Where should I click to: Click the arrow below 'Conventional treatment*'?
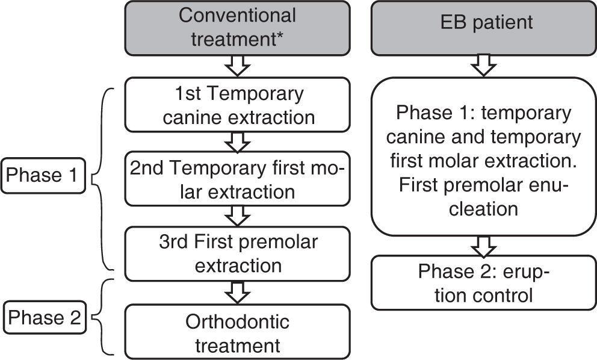click(x=238, y=65)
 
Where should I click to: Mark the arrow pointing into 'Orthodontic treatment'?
click(x=238, y=292)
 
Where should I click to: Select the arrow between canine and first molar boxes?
click(x=238, y=142)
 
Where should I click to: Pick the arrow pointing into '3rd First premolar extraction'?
click(x=238, y=216)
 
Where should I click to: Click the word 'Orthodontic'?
click(x=237, y=321)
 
